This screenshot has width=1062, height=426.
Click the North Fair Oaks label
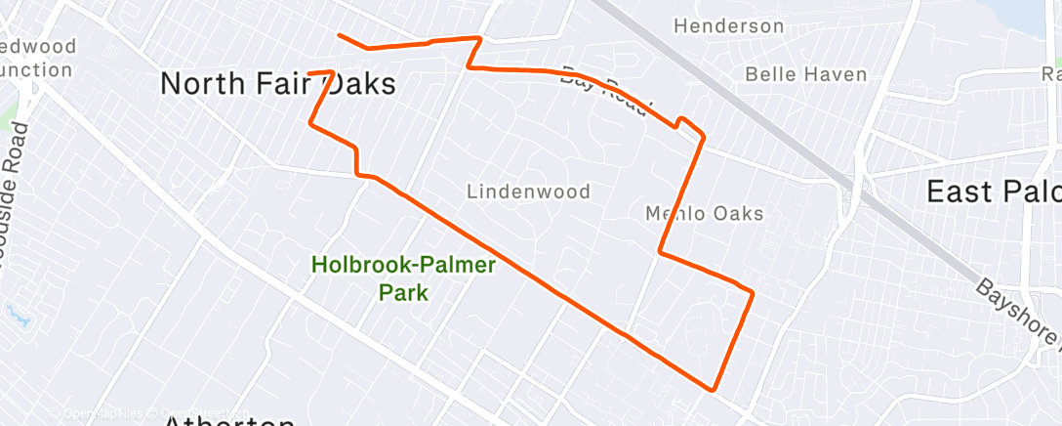[x=277, y=84]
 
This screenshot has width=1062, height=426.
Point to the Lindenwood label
[x=528, y=192]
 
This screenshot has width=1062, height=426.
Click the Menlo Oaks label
[x=704, y=213]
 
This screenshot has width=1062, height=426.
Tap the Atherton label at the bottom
[x=229, y=421]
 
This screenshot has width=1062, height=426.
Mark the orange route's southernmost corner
[x=715, y=388]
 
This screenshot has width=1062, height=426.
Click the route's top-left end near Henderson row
[x=340, y=36]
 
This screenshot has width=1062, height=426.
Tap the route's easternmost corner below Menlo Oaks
[x=753, y=291]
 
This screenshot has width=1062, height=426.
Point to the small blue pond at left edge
[x=17, y=315]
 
